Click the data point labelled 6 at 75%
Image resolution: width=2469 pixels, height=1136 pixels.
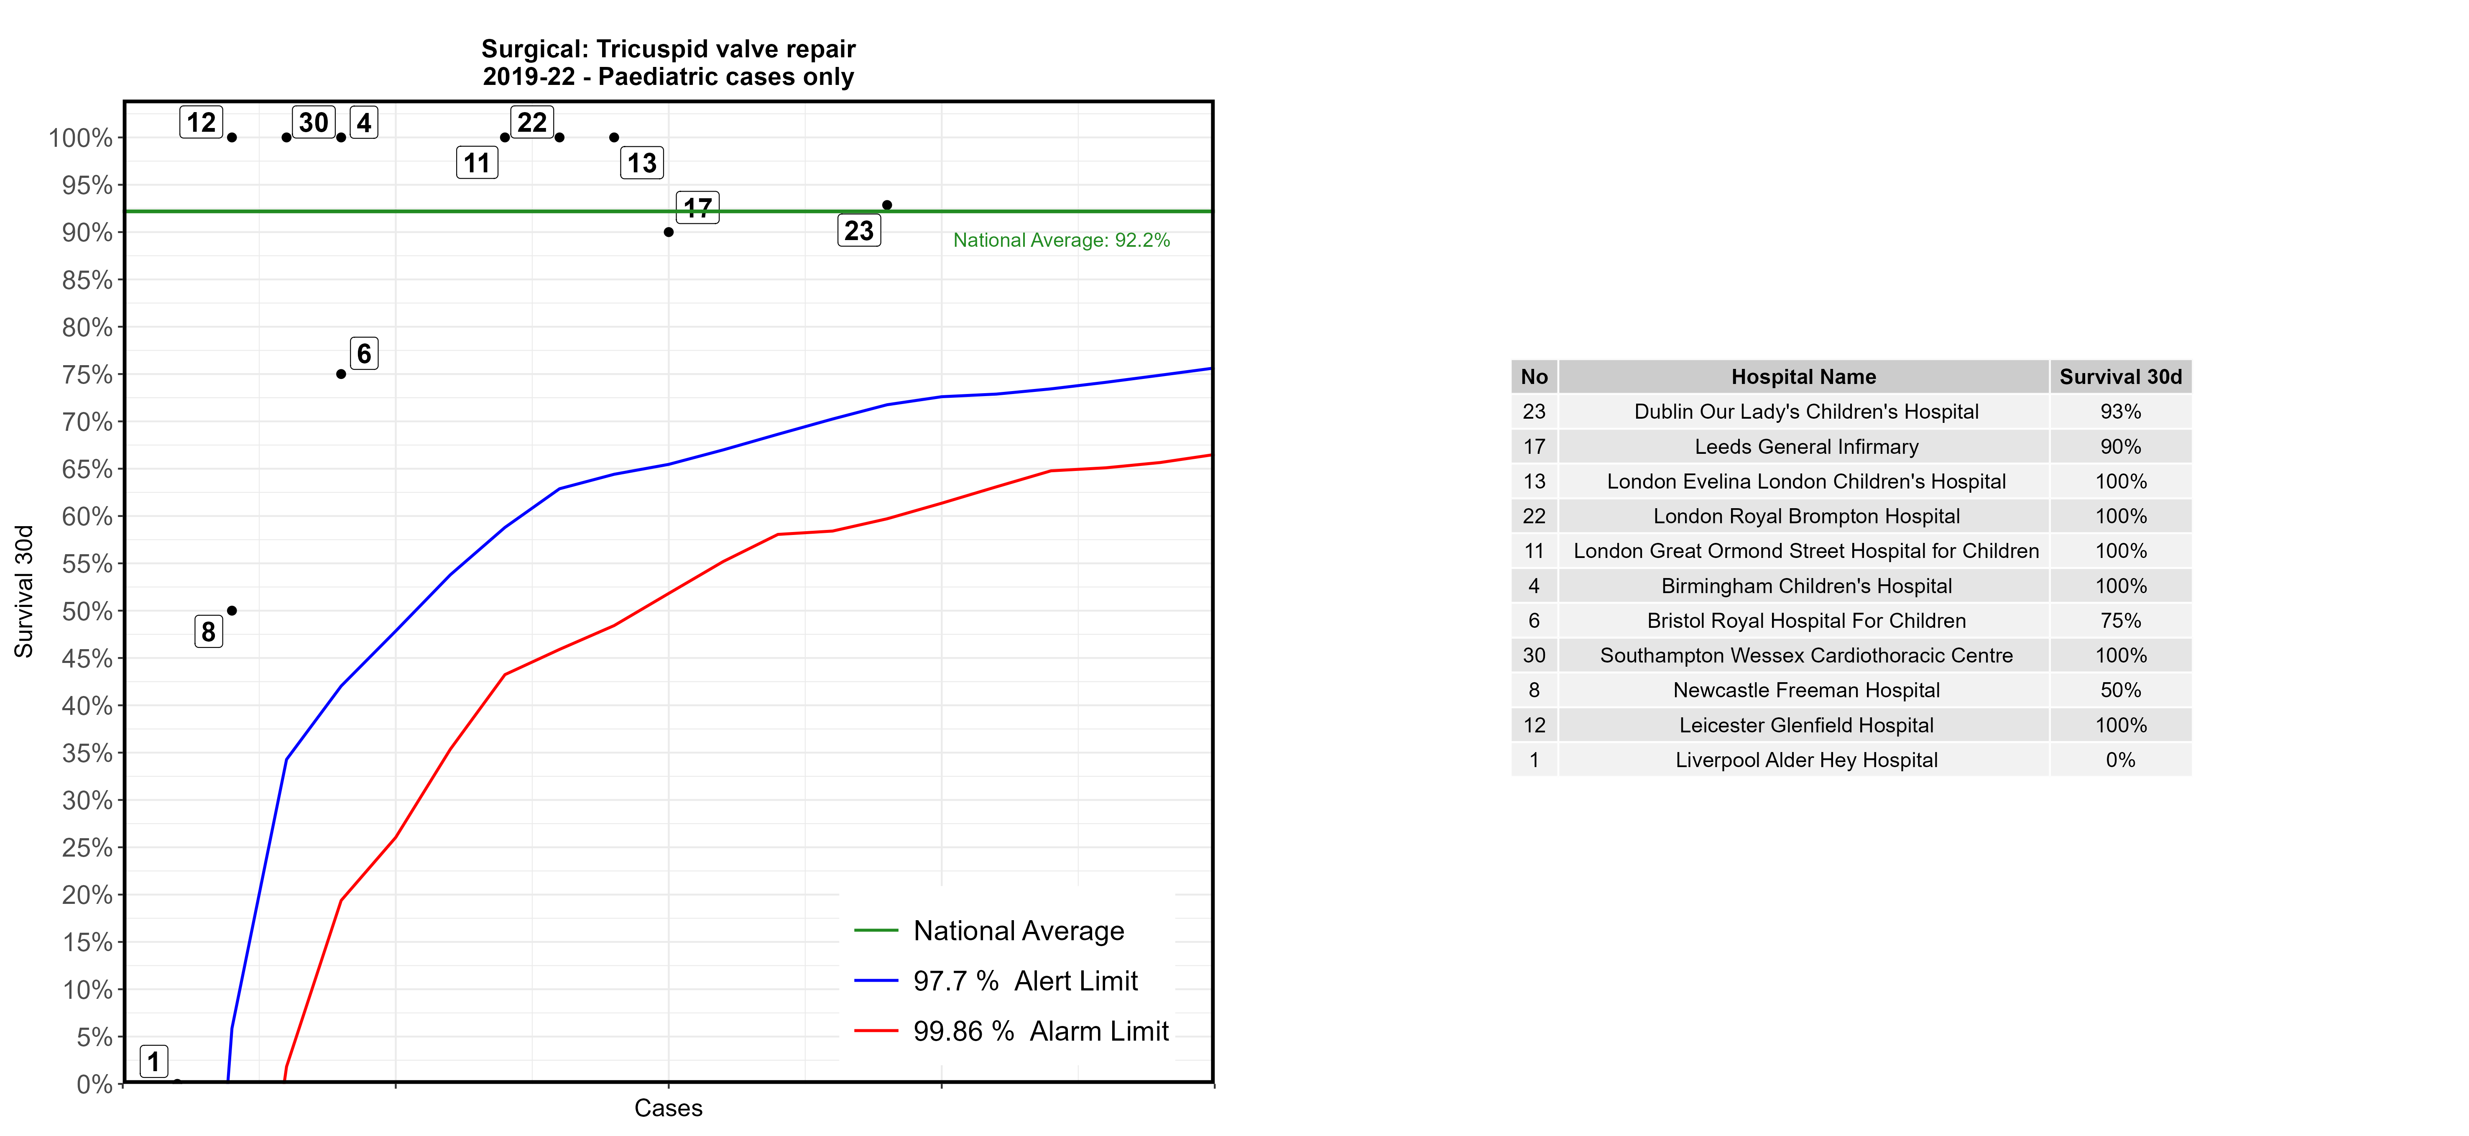coord(341,374)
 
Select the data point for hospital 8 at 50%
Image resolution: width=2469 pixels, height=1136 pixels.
coord(232,611)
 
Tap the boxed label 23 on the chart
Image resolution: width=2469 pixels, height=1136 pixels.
coord(859,231)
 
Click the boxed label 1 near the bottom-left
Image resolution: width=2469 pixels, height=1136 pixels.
coord(153,1061)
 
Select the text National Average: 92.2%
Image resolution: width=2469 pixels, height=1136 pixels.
coord(1061,241)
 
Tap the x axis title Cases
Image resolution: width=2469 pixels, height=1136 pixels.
coord(668,1108)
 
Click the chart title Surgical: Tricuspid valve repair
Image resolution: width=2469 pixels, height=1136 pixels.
coord(668,49)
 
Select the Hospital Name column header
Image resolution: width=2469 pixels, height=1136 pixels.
coord(1803,377)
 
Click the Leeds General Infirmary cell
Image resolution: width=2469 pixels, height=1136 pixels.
coord(1806,447)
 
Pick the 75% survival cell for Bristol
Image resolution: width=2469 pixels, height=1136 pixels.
coord(2120,620)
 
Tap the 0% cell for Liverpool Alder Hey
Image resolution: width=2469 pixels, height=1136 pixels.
coord(2120,760)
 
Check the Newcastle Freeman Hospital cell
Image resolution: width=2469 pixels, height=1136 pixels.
coord(1806,690)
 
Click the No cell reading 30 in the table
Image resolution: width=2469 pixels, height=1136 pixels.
coord(1534,656)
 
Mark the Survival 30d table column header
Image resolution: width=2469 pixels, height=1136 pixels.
coord(2120,377)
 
